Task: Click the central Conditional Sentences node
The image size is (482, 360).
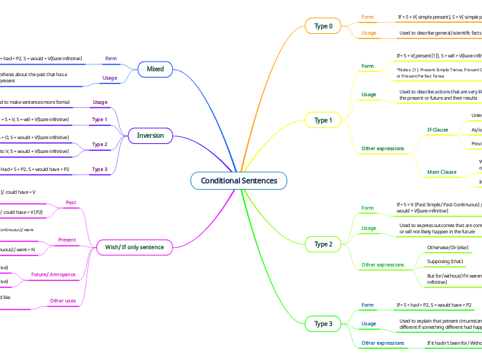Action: pyautogui.click(x=238, y=181)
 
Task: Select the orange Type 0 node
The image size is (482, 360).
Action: pyautogui.click(x=323, y=26)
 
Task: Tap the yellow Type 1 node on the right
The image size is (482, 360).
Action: pyautogui.click(x=323, y=120)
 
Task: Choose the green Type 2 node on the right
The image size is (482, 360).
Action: pyautogui.click(x=323, y=244)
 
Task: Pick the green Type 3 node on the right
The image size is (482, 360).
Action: pyautogui.click(x=323, y=323)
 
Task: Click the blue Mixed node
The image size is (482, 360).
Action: pyautogui.click(x=155, y=69)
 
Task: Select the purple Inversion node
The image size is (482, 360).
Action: pyautogui.click(x=150, y=136)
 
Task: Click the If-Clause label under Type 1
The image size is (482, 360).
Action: pyautogui.click(x=437, y=129)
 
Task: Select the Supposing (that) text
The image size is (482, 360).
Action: pyautogui.click(x=445, y=261)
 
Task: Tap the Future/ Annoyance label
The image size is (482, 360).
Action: pyautogui.click(x=53, y=274)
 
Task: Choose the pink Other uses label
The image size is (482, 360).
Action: pyautogui.click(x=63, y=300)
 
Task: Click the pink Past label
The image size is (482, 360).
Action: pyautogui.click(x=71, y=202)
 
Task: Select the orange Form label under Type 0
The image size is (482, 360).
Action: pyautogui.click(x=368, y=17)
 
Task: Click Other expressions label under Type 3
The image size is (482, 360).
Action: pyautogui.click(x=383, y=343)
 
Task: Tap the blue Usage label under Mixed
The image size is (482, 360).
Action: pyautogui.click(x=109, y=78)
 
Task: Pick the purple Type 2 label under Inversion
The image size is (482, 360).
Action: pyautogui.click(x=100, y=144)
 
